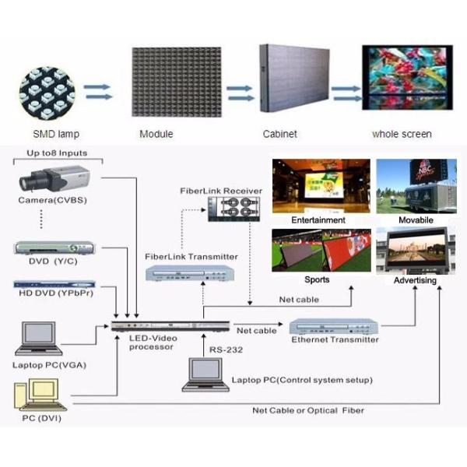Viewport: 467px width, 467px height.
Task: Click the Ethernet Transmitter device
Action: click(x=334, y=327)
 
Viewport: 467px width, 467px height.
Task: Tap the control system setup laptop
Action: click(x=203, y=377)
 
